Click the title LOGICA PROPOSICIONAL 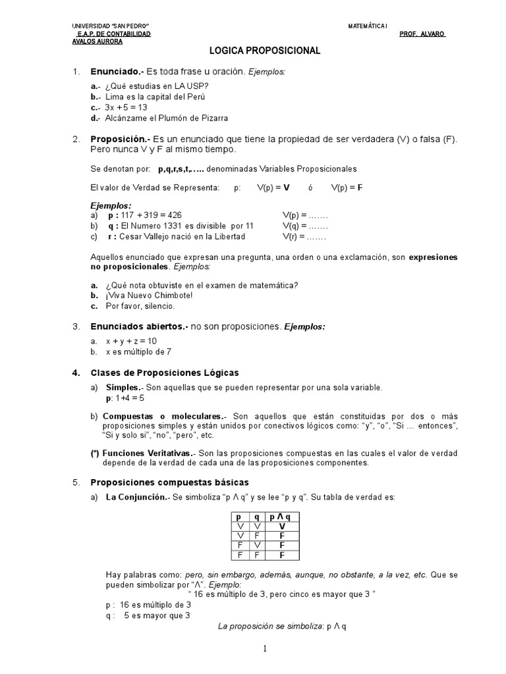click(x=256, y=51)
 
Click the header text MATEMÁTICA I click(x=368, y=26)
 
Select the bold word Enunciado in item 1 click(x=115, y=71)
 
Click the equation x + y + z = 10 click(x=131, y=341)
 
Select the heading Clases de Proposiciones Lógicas click(x=165, y=373)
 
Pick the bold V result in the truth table click(x=281, y=527)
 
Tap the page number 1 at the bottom click(x=264, y=649)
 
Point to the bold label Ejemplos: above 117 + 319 click(x=111, y=205)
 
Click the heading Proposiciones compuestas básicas click(x=170, y=482)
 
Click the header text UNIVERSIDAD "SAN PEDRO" click(x=110, y=26)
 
